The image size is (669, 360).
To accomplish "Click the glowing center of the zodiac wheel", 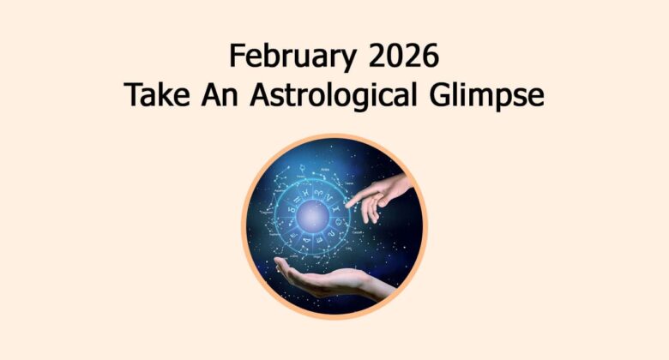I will [x=315, y=214].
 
